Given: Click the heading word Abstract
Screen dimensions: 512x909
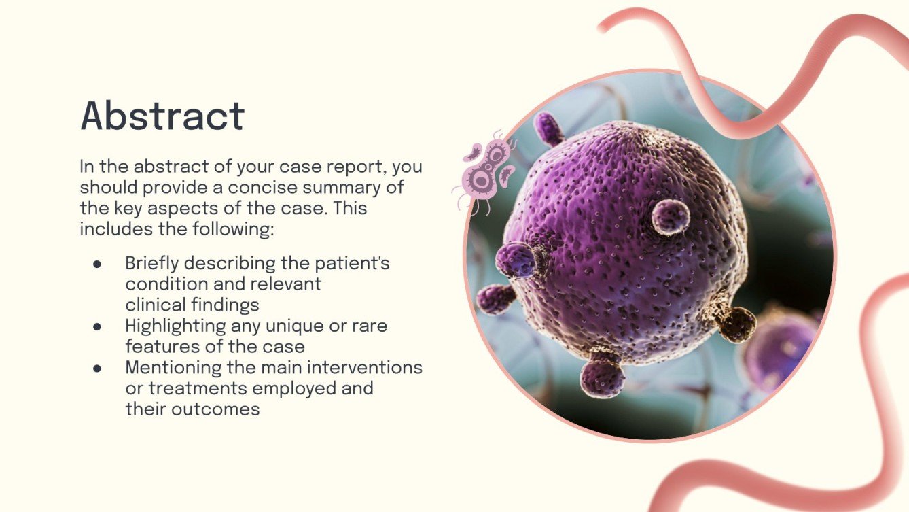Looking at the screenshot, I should point(162,116).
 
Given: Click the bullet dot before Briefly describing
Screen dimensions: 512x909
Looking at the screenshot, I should point(97,264).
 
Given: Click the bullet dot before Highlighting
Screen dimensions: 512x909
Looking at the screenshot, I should point(97,326).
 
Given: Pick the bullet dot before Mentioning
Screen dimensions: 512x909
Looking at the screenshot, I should point(97,369).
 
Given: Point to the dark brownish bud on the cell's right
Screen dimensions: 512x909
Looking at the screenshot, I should point(737,324).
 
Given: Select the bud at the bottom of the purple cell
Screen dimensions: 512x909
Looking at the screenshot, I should point(603,377).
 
